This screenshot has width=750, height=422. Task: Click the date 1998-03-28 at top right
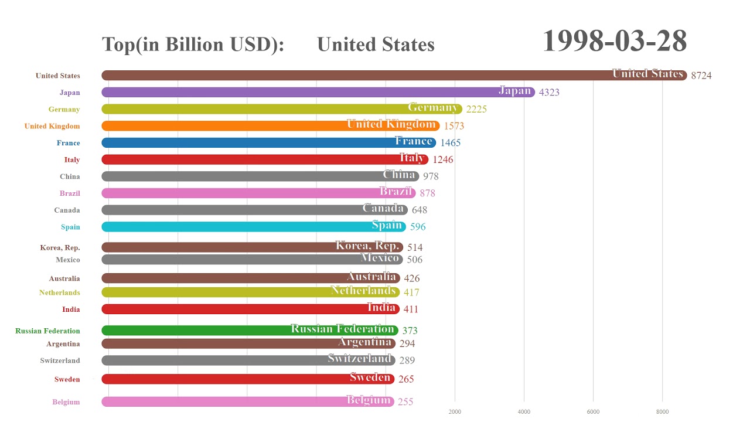[x=614, y=41]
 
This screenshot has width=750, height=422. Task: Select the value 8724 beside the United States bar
[x=701, y=76]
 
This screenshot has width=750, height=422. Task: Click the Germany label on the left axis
[x=64, y=110]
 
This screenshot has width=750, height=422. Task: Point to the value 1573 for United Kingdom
[x=454, y=126]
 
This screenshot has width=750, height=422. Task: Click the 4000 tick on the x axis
[x=524, y=411]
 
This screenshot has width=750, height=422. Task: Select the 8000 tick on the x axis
[x=662, y=411]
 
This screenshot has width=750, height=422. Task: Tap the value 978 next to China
[x=431, y=176]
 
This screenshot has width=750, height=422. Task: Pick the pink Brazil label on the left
[x=70, y=193]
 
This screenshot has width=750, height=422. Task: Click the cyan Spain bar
[x=234, y=227]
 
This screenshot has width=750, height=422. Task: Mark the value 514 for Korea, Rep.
[x=415, y=248]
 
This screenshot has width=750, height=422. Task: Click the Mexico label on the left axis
[x=68, y=260]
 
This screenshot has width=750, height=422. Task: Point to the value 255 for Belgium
[x=405, y=402]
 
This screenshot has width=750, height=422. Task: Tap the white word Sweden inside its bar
[x=370, y=377]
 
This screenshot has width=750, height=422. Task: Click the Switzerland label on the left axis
[x=60, y=361]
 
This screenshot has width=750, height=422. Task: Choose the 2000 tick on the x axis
[x=455, y=411]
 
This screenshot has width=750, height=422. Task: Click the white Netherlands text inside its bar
[x=363, y=291]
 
